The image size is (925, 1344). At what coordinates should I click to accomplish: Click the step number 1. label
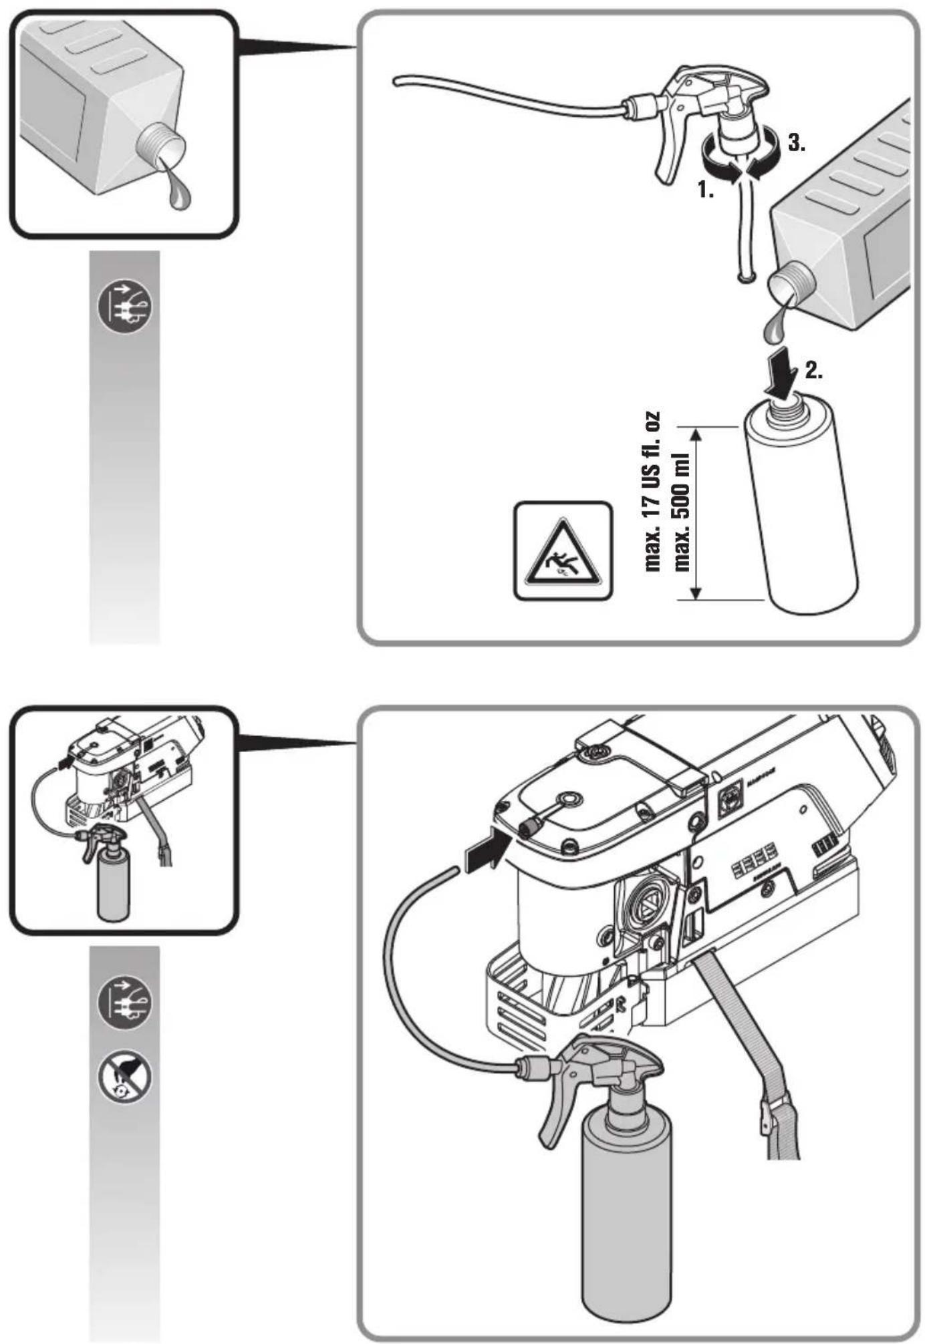click(x=706, y=190)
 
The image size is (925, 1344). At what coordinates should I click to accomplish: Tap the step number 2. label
click(x=813, y=372)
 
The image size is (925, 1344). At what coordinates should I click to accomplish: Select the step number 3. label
click(x=796, y=143)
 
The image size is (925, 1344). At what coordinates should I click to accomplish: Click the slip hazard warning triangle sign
click(x=563, y=550)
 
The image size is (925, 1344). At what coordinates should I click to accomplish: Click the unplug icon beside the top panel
click(x=125, y=307)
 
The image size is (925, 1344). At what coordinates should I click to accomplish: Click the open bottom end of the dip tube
click(x=745, y=275)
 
